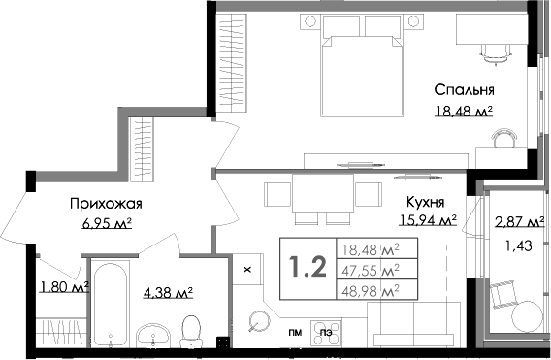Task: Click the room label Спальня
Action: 463,92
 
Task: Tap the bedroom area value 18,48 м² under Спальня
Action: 463,112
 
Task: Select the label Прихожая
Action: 106,204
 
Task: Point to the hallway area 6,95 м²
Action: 106,223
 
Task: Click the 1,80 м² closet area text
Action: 64,286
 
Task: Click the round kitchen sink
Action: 259,319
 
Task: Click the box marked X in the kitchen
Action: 246,268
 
